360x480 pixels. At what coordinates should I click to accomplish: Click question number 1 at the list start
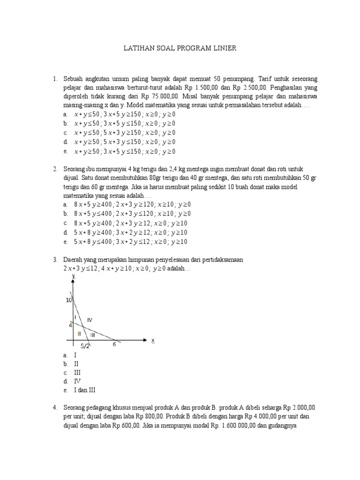pos(54,78)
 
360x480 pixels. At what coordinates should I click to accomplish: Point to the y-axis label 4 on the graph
pos(70,324)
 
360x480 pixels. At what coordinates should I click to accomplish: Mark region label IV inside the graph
pos(90,320)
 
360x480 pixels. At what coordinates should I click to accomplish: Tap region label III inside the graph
pos(92,334)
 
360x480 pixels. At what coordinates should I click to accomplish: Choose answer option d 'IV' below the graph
pos(77,381)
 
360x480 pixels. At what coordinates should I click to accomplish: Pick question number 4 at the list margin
pos(54,407)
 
